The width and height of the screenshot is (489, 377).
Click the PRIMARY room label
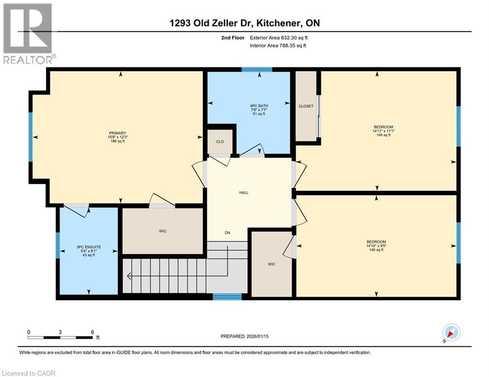[117, 133]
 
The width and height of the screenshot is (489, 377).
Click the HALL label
[243, 192]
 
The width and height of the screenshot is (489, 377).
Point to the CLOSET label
[306, 106]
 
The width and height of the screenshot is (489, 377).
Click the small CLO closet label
[220, 142]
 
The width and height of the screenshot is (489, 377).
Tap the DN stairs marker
[227, 233]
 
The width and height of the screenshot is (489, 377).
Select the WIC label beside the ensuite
[163, 230]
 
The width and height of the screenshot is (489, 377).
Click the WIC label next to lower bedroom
[271, 264]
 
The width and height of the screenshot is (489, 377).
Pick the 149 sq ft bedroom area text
[383, 135]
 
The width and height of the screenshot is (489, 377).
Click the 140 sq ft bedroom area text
[376, 250]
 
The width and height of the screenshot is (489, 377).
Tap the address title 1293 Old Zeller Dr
[244, 23]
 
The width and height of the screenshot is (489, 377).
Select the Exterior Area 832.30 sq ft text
[279, 37]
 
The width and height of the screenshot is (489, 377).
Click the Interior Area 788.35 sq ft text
[278, 46]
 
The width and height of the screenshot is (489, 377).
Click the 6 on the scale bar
[92, 332]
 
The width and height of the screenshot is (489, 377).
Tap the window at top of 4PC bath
[257, 70]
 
